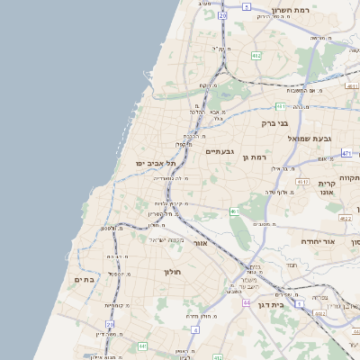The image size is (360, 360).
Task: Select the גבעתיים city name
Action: point(220,151)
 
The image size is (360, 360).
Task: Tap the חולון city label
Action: point(173,272)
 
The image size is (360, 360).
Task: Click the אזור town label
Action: point(201,243)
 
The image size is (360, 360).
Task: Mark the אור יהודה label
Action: point(316,241)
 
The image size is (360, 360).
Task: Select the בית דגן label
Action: point(291,305)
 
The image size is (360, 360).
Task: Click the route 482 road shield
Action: point(256,55)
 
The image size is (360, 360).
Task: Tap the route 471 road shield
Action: point(346,154)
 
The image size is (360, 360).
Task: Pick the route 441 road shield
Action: point(142,346)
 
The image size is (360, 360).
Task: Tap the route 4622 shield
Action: point(345,218)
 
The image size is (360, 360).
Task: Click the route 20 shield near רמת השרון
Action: point(222,15)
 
